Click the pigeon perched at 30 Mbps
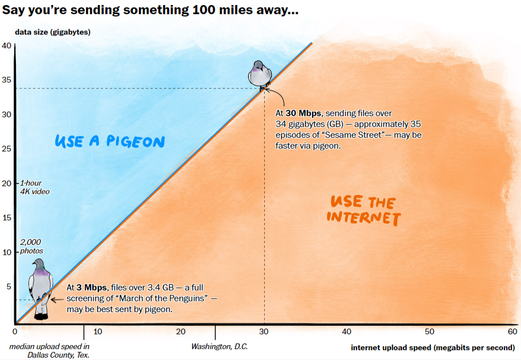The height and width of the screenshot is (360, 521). pyautogui.click(x=260, y=74)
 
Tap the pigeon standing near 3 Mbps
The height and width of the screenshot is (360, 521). pyautogui.click(x=41, y=285)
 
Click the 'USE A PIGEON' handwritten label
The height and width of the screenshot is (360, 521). pyautogui.click(x=109, y=141)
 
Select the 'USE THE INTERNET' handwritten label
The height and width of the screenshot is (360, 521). pyautogui.click(x=363, y=210)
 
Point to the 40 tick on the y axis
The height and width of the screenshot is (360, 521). pyautogui.click(x=6, y=46)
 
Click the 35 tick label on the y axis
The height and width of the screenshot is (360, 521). pyautogui.click(x=6, y=80)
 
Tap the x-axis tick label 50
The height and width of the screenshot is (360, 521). pyautogui.click(x=430, y=332)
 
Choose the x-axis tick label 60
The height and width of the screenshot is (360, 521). pyautogui.click(x=512, y=332)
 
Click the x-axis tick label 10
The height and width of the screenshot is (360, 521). pyautogui.click(x=97, y=332)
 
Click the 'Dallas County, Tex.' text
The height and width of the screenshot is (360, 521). pyautogui.click(x=59, y=355)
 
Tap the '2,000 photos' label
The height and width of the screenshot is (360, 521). pyautogui.click(x=31, y=247)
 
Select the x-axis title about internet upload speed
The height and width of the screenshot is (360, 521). pyautogui.click(x=432, y=347)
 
